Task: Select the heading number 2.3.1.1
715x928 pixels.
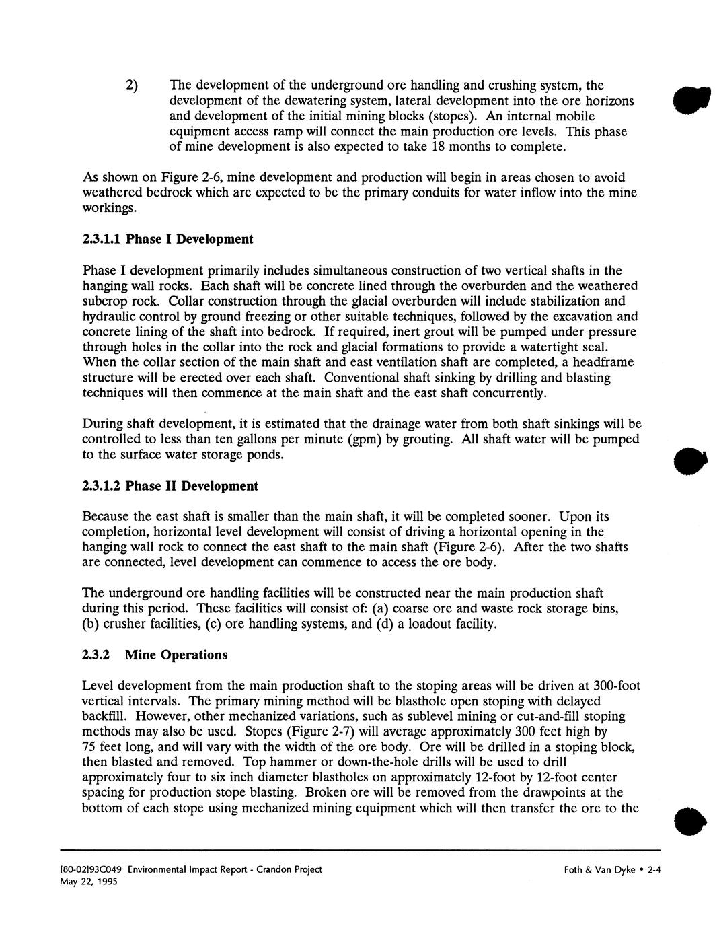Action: click(x=102, y=239)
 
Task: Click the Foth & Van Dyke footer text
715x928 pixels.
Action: click(x=598, y=869)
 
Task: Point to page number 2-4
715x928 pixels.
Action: click(x=654, y=869)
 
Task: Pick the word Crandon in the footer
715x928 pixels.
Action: click(x=267, y=869)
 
